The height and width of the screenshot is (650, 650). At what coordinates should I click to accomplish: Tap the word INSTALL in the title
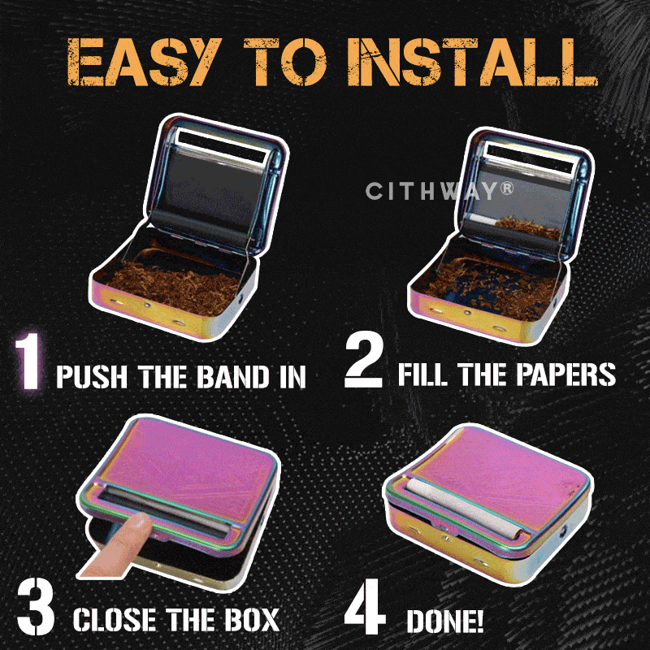(x=473, y=62)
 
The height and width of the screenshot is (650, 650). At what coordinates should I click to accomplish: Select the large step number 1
(x=28, y=362)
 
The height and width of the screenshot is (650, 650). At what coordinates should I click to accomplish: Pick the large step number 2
(x=363, y=361)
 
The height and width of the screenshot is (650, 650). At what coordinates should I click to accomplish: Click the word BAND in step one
(x=232, y=376)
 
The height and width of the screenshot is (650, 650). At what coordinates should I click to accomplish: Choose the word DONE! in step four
(x=444, y=621)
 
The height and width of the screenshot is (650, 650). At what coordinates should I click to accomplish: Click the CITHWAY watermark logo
(x=440, y=191)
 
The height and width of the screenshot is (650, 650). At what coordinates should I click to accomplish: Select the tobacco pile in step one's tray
(x=174, y=286)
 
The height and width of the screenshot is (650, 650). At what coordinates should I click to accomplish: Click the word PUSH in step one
(x=92, y=376)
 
